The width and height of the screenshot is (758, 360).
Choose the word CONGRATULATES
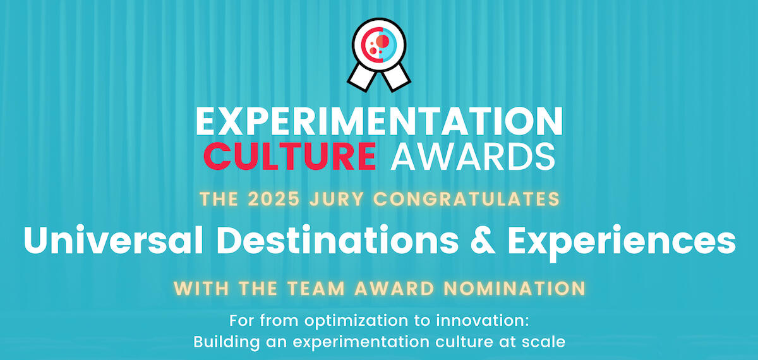(466, 200)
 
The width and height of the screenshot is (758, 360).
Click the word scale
(543, 342)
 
